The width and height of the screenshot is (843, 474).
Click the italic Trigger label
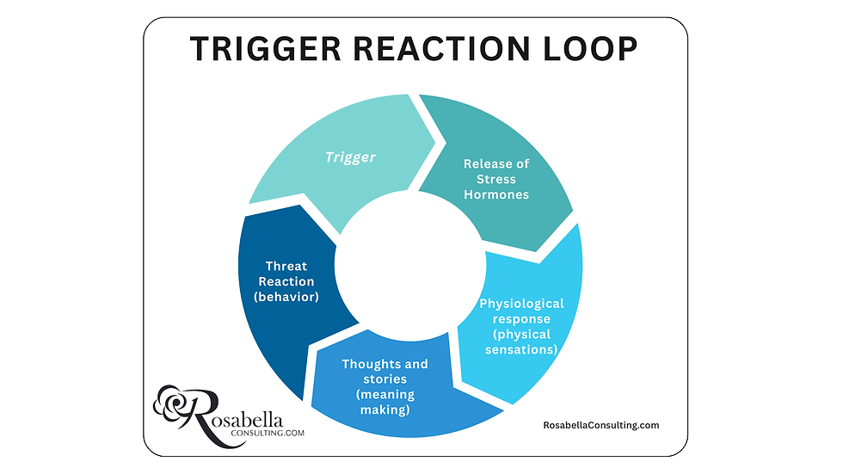point(351,157)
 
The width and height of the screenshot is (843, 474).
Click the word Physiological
point(521,304)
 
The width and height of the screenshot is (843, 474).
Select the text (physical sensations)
point(521,342)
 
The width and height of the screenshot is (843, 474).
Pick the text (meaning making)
point(385,402)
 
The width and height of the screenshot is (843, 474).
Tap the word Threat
point(286,267)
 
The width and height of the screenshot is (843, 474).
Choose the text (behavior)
point(286,298)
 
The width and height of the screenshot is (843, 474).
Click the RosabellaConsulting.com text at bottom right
point(601,425)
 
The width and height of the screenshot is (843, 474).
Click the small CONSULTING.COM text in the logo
point(265,433)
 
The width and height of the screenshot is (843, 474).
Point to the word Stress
point(496,179)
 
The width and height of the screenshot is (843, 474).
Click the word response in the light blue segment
point(521,319)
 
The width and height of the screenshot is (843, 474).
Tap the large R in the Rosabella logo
point(203,413)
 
